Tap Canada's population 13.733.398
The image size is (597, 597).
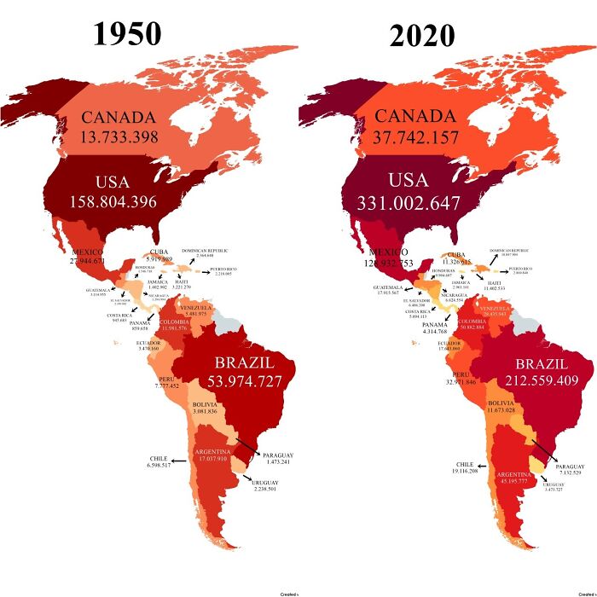(119, 136)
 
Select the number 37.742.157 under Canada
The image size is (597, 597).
(416, 136)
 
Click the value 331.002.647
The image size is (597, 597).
(401, 203)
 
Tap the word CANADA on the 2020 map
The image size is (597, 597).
(416, 117)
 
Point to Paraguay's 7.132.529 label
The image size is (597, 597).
(570, 472)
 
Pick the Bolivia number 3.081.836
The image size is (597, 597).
(212, 412)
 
